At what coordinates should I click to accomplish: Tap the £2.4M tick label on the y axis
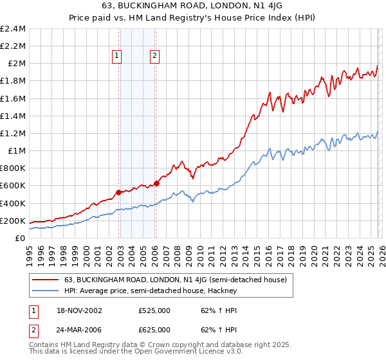[x=13, y=29]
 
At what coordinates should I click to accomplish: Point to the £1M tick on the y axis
[x=16, y=151]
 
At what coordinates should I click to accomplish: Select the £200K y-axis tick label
[x=13, y=221]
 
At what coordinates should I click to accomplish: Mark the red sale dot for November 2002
[x=119, y=192]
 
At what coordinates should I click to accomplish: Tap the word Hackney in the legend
[x=223, y=291]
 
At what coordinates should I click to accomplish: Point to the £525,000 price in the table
[x=154, y=310]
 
